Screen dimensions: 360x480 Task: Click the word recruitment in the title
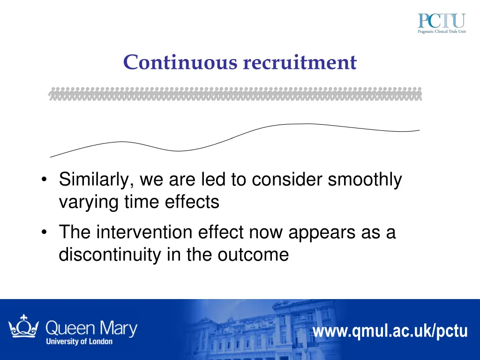pos(300,63)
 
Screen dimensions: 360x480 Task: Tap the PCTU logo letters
pos(442,21)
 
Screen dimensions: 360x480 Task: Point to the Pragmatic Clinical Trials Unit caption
pos(442,32)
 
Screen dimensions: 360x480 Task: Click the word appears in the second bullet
pos(320,232)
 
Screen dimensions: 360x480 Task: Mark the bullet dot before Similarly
pos(44,180)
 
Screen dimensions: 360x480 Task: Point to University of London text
pos(79,341)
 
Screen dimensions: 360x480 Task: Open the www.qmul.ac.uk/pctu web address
pos(390,331)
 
